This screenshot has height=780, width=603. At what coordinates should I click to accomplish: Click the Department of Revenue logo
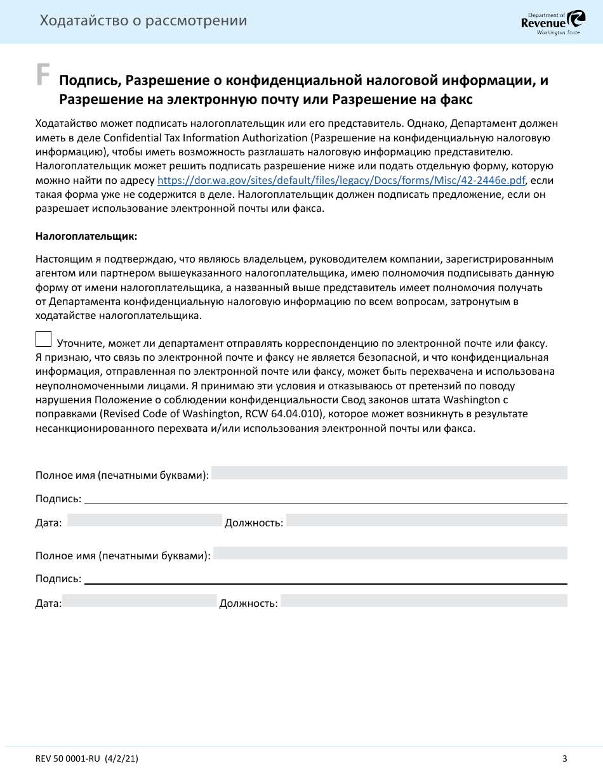(x=544, y=23)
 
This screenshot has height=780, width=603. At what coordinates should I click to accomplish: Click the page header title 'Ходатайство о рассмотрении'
(x=143, y=21)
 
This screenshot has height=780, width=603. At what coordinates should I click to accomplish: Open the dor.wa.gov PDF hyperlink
(x=341, y=179)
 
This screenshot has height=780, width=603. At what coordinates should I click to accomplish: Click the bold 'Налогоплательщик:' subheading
(x=86, y=237)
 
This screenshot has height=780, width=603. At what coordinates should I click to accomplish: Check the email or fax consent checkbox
(x=44, y=339)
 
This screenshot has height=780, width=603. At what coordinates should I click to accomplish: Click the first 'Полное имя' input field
(x=388, y=473)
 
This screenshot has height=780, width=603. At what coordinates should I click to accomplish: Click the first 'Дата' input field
(x=144, y=520)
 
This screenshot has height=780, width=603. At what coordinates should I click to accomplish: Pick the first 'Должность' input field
(x=427, y=520)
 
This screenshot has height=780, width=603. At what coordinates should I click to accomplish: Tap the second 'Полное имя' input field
(x=390, y=553)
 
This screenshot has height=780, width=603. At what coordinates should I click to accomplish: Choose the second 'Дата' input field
(x=139, y=601)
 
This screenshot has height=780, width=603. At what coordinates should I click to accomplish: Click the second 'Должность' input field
(x=424, y=601)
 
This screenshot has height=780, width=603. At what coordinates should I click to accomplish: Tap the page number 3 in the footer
(x=564, y=758)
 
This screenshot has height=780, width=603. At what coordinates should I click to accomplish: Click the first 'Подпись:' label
(x=58, y=499)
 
